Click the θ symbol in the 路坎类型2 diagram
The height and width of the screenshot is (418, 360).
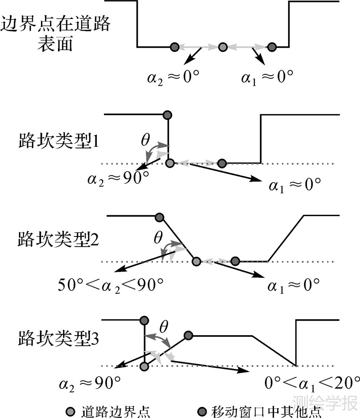pos(157,238)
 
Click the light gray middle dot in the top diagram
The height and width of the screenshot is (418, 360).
pos(222,46)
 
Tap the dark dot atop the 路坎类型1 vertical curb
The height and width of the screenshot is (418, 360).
pos(168,115)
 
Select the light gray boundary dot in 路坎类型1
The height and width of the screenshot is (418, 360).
pos(170,163)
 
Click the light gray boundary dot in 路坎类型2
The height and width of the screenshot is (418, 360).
pos(196,261)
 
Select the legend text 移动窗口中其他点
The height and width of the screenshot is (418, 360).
pos(265,411)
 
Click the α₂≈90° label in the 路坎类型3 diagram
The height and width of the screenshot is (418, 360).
pos(90,384)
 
